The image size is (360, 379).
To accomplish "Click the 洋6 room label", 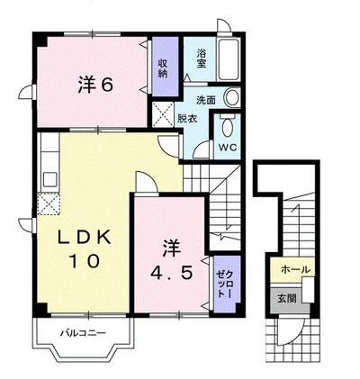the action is (x=95, y=85).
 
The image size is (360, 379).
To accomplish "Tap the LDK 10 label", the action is (x=85, y=248).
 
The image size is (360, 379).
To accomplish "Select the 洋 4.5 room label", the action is (x=171, y=260).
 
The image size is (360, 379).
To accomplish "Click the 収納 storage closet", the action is (x=165, y=67).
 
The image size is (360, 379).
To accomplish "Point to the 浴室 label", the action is (x=202, y=59).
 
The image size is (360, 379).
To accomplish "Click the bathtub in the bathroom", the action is (x=229, y=59).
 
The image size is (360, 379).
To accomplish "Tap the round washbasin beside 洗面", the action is (x=232, y=98).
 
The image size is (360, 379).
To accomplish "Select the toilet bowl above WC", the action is (x=228, y=125).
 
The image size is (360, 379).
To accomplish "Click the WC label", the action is (x=228, y=147).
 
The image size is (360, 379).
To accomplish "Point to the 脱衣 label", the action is (x=187, y=119).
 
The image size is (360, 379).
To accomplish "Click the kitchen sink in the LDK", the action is (x=50, y=179).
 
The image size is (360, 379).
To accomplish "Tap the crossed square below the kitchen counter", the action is (x=49, y=204).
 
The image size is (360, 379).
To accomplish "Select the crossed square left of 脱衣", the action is (x=163, y=114).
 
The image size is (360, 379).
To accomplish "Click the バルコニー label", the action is (x=84, y=333).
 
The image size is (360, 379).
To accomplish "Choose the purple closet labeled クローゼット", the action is (x=227, y=284).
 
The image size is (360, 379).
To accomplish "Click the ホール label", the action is (x=295, y=269).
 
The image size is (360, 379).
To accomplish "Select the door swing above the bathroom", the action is (x=224, y=25).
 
